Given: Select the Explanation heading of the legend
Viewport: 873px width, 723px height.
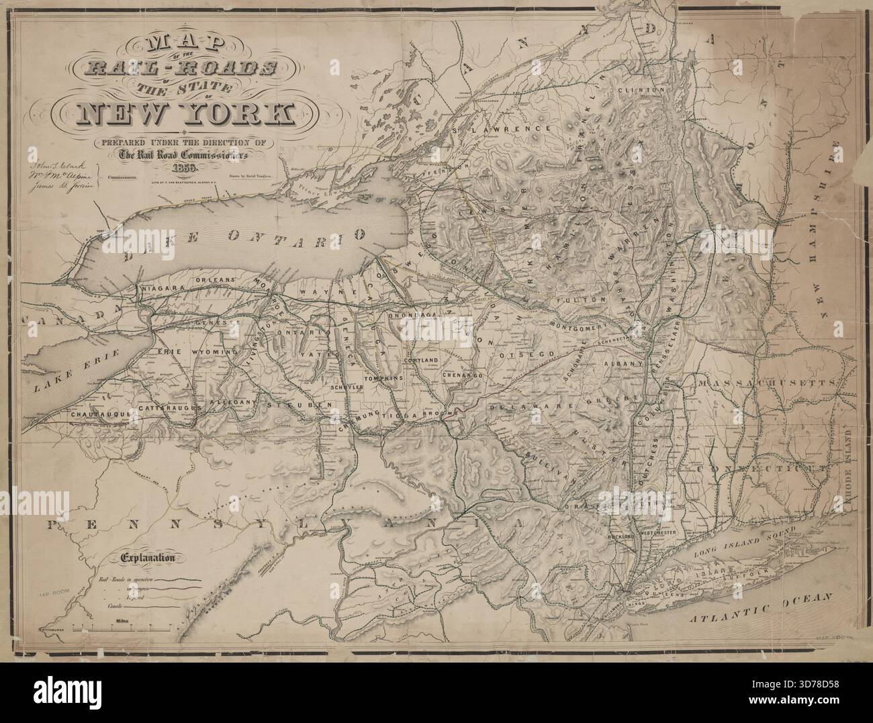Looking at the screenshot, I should [x=148, y=557].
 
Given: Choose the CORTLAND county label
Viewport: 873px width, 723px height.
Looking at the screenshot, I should [x=420, y=360].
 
